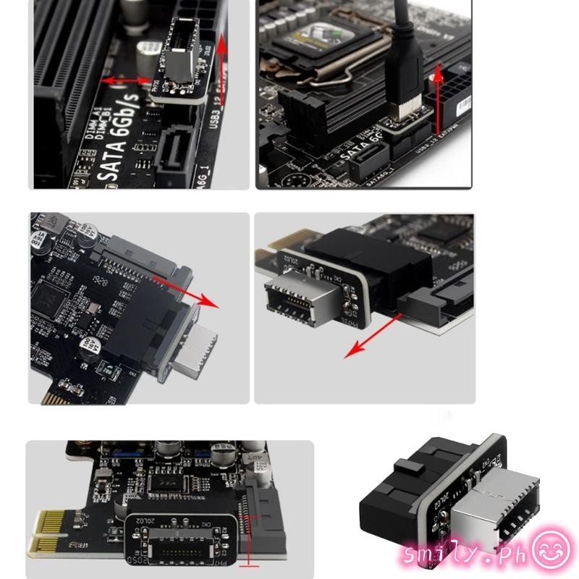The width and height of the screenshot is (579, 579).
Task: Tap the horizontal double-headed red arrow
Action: point(127,80)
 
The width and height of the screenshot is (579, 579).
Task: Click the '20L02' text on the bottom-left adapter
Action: point(144,521)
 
